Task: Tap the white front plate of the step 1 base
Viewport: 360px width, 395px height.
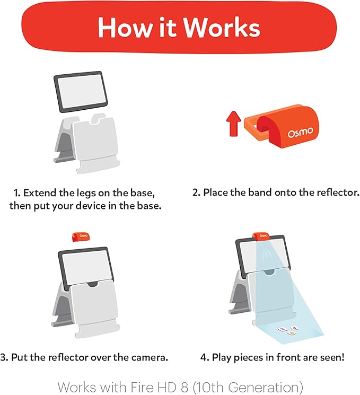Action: point(99,146)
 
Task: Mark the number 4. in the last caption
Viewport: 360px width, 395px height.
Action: point(205,357)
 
